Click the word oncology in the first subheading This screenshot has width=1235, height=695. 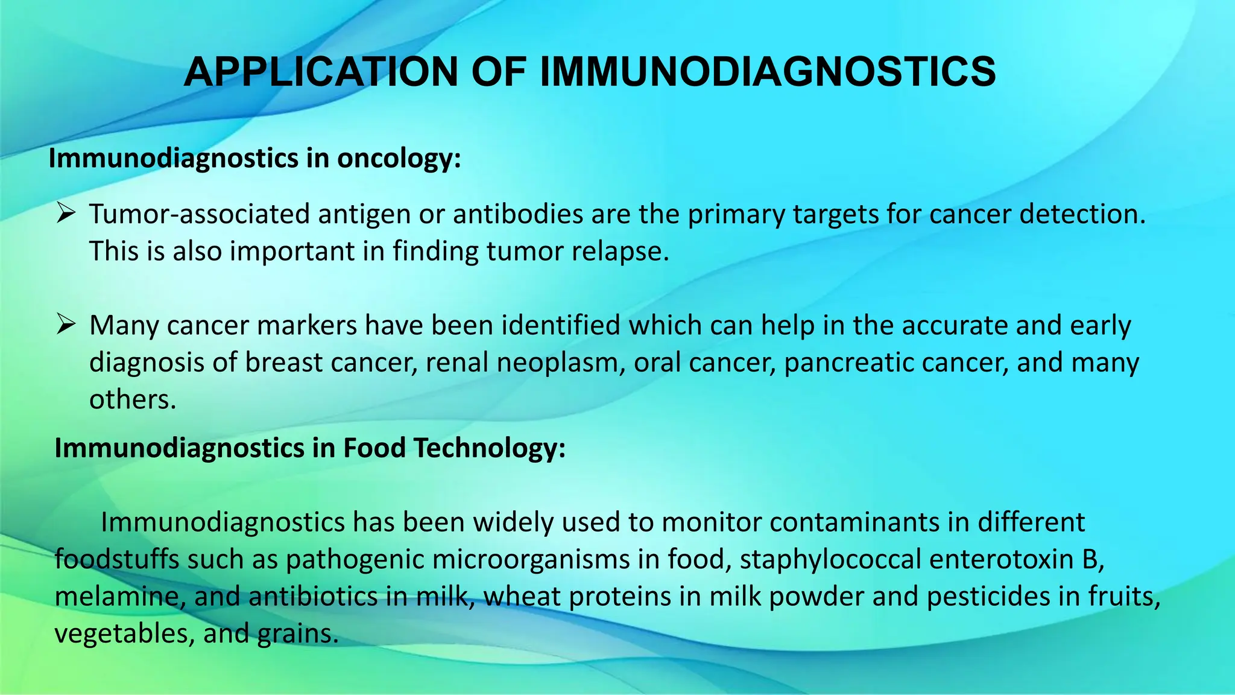coord(399,158)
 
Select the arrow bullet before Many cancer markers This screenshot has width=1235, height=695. coord(65,325)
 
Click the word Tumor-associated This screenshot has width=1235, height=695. coord(200,214)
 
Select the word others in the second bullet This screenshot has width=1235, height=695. coord(133,400)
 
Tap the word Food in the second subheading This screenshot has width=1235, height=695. coord(374,448)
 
